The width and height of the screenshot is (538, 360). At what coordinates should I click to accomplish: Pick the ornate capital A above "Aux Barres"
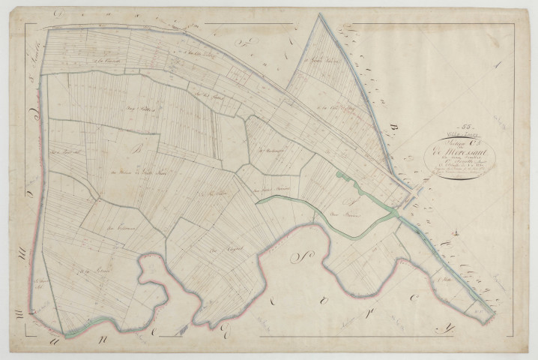[x=347, y=200]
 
